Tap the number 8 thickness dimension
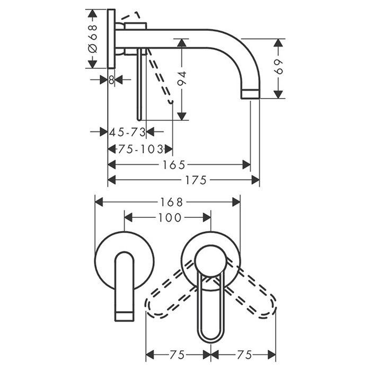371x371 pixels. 111,79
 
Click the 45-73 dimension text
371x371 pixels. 127,131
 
